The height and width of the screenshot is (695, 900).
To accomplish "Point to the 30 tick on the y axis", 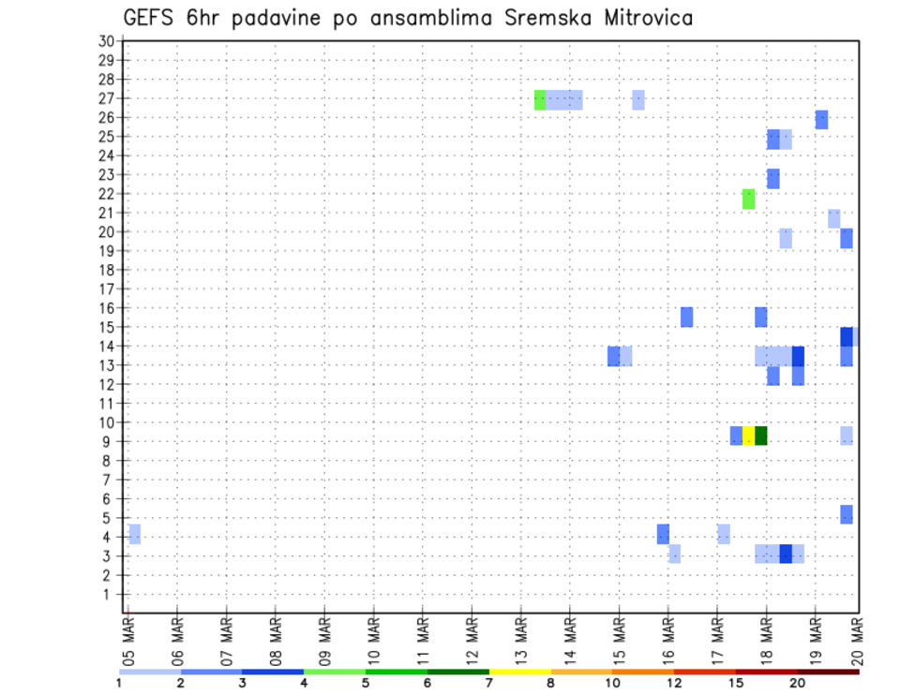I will click(106, 40).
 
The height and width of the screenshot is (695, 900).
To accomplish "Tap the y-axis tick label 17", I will click(106, 288).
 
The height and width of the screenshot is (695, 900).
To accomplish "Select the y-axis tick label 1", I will click(111, 594).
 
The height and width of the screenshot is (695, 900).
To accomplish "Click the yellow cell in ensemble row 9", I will click(748, 436).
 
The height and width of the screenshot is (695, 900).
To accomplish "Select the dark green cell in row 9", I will click(760, 436).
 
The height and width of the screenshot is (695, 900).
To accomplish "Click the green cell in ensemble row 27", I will click(540, 99).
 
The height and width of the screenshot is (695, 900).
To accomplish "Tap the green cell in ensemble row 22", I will click(748, 199).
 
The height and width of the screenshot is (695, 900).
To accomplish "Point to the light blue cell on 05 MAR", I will click(135, 534).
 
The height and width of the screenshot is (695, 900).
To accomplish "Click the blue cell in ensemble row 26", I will click(821, 119).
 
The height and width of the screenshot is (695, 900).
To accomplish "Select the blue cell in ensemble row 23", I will click(772, 178).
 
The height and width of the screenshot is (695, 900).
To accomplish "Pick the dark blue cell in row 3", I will click(786, 554).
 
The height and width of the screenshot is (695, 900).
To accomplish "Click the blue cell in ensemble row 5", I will click(846, 514).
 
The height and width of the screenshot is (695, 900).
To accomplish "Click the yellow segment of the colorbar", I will click(519, 671).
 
